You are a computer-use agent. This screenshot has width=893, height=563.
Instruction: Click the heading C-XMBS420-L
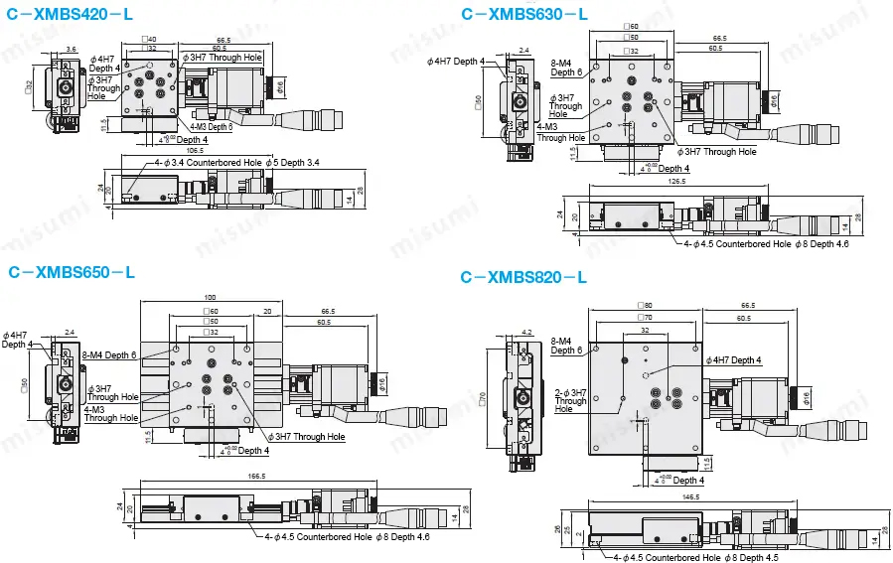click(x=71, y=14)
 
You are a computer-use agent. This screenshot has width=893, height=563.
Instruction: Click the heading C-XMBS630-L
click(x=524, y=14)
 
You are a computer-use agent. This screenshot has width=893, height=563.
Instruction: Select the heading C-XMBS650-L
click(x=71, y=271)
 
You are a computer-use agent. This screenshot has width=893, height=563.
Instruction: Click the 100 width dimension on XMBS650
click(x=210, y=298)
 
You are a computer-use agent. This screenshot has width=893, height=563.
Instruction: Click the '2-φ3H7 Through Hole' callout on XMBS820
click(x=570, y=401)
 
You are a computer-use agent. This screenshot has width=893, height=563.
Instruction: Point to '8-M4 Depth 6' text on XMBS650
click(x=109, y=355)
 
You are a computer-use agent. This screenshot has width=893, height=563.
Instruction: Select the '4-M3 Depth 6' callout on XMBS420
click(x=210, y=127)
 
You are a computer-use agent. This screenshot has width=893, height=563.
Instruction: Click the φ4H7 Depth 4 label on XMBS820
click(x=733, y=359)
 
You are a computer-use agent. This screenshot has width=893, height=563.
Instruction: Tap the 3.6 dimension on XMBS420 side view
click(x=71, y=48)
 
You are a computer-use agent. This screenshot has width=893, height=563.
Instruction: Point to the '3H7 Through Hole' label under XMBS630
click(x=718, y=152)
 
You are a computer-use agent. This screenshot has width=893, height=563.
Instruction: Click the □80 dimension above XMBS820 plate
click(x=646, y=305)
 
